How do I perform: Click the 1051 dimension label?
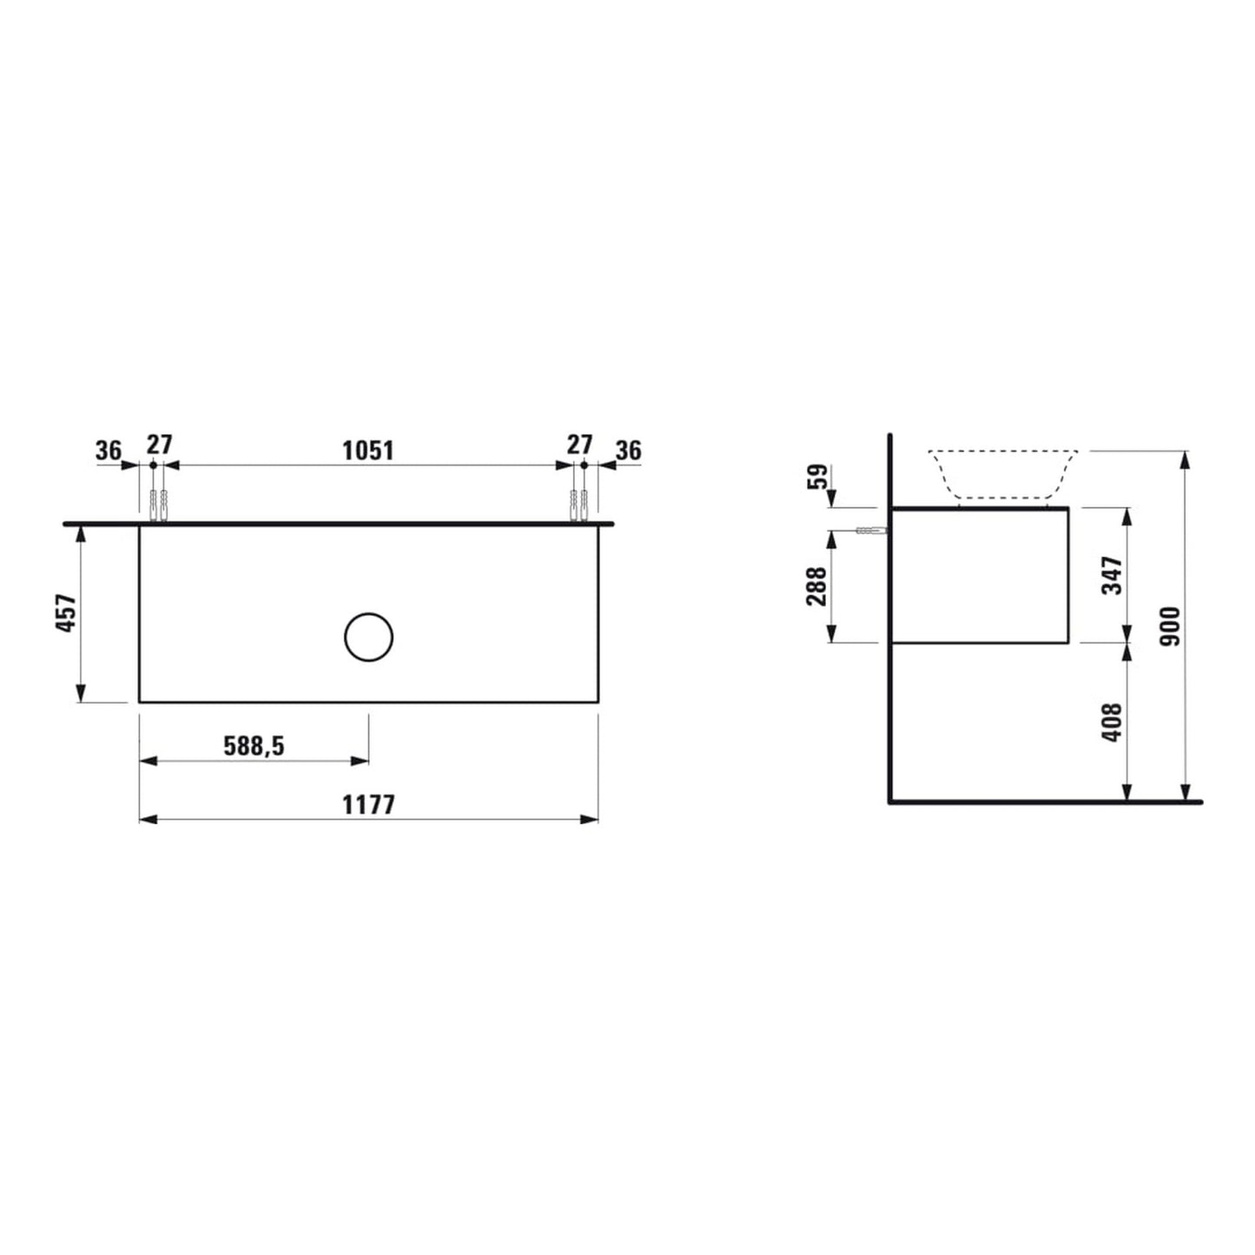(368, 450)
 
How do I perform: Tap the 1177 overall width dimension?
(368, 805)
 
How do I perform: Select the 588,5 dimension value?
(254, 746)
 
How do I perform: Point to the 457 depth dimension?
(67, 612)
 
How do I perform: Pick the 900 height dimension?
(1171, 626)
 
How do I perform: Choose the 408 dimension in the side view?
(1113, 723)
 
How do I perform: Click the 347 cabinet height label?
(1113, 575)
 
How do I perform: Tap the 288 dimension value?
(816, 586)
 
